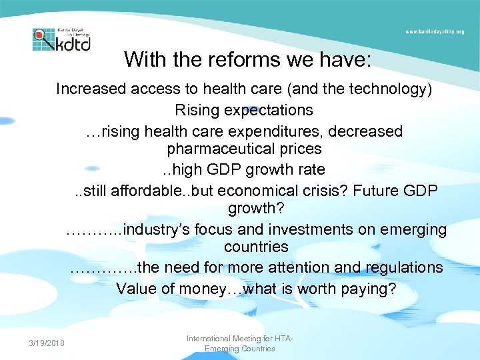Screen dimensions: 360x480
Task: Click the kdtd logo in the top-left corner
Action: pyautogui.click(x=61, y=39)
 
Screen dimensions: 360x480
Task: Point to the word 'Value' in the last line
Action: pyautogui.click(x=135, y=289)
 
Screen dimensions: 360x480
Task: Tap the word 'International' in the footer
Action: pyautogui.click(x=211, y=339)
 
